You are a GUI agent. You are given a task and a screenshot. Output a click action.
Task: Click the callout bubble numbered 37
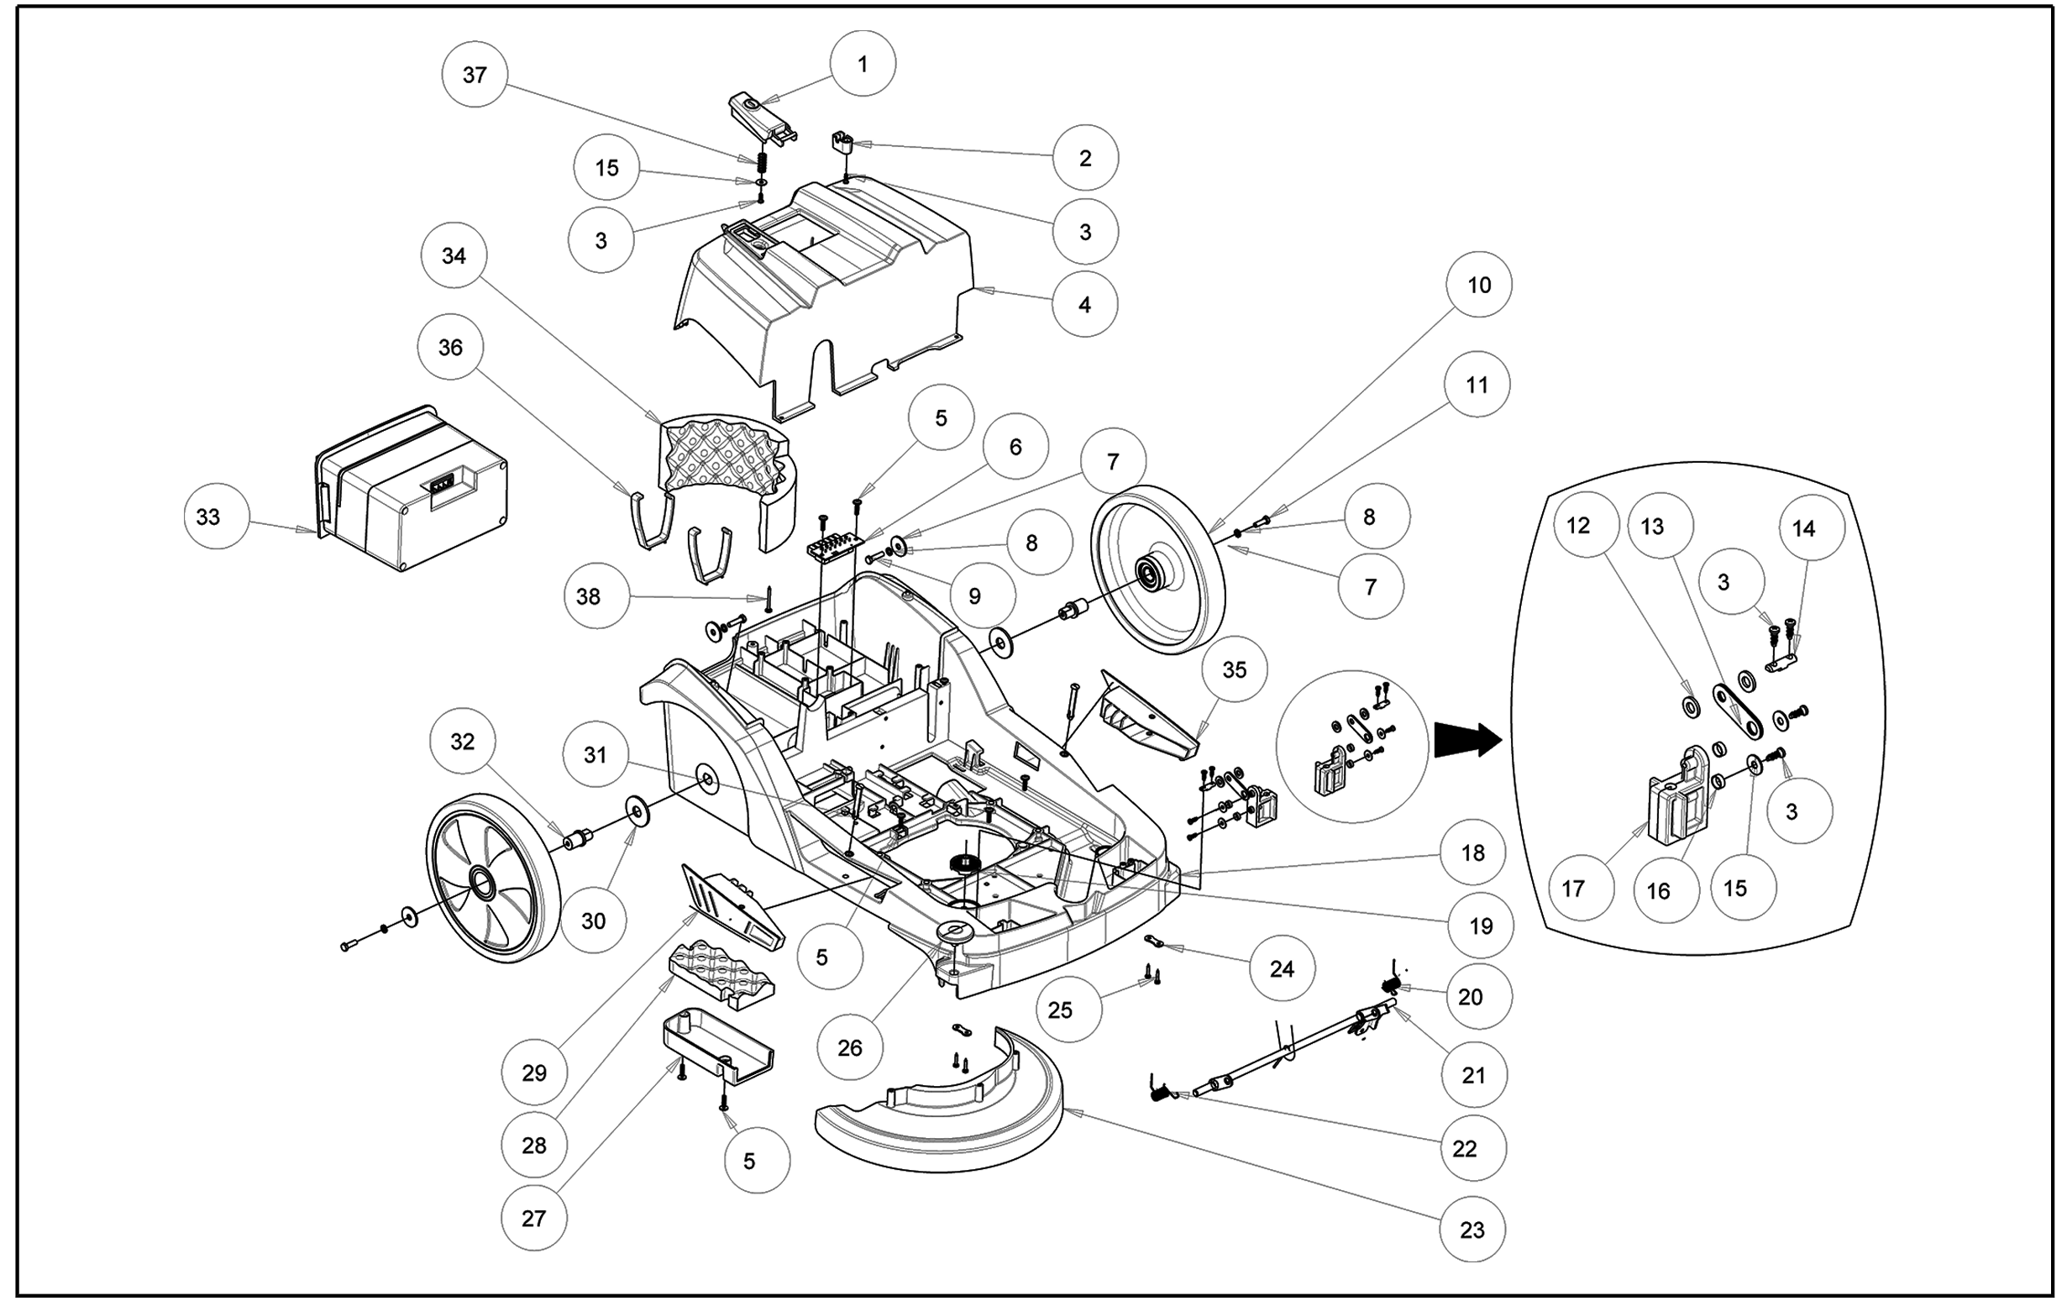click(475, 75)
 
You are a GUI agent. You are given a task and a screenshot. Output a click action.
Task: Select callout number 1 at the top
click(863, 65)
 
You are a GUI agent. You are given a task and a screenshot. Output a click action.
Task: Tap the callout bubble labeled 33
click(208, 517)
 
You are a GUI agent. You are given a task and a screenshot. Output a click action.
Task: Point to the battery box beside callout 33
click(412, 489)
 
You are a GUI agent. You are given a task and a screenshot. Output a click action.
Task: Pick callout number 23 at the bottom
click(1472, 1230)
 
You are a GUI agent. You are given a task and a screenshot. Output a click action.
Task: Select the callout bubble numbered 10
click(1479, 285)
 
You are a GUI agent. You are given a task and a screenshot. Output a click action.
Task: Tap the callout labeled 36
click(451, 348)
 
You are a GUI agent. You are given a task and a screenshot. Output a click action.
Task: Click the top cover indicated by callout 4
click(824, 283)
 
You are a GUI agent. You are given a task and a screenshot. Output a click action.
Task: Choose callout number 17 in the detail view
click(1572, 889)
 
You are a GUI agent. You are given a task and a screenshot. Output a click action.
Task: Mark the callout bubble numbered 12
click(1577, 525)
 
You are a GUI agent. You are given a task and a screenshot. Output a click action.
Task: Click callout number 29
click(534, 1073)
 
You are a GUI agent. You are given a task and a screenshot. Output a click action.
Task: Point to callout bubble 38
click(588, 596)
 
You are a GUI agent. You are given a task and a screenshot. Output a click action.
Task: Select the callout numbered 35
click(1235, 669)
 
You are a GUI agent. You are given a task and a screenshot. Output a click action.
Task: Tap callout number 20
click(1471, 996)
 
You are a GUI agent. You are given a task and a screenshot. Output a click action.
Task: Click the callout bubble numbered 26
click(850, 1048)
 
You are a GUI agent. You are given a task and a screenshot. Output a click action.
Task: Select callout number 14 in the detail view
click(1803, 528)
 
